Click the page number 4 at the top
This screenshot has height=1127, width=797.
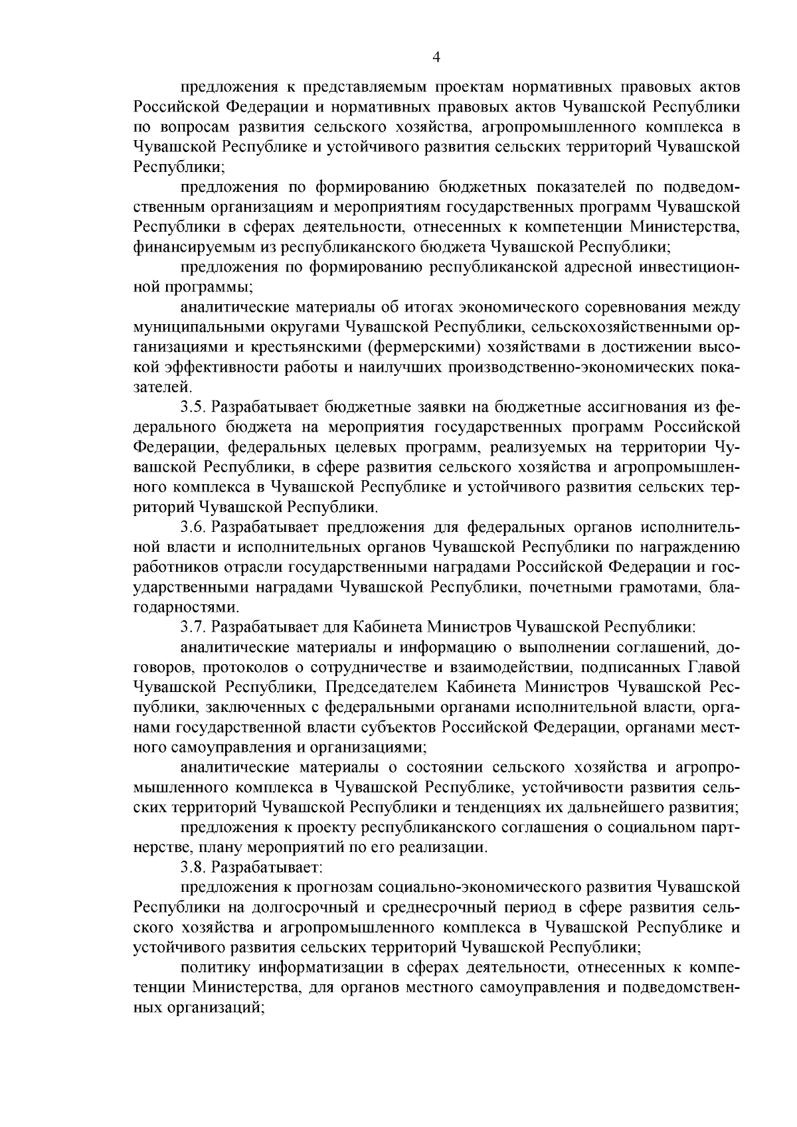436,58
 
